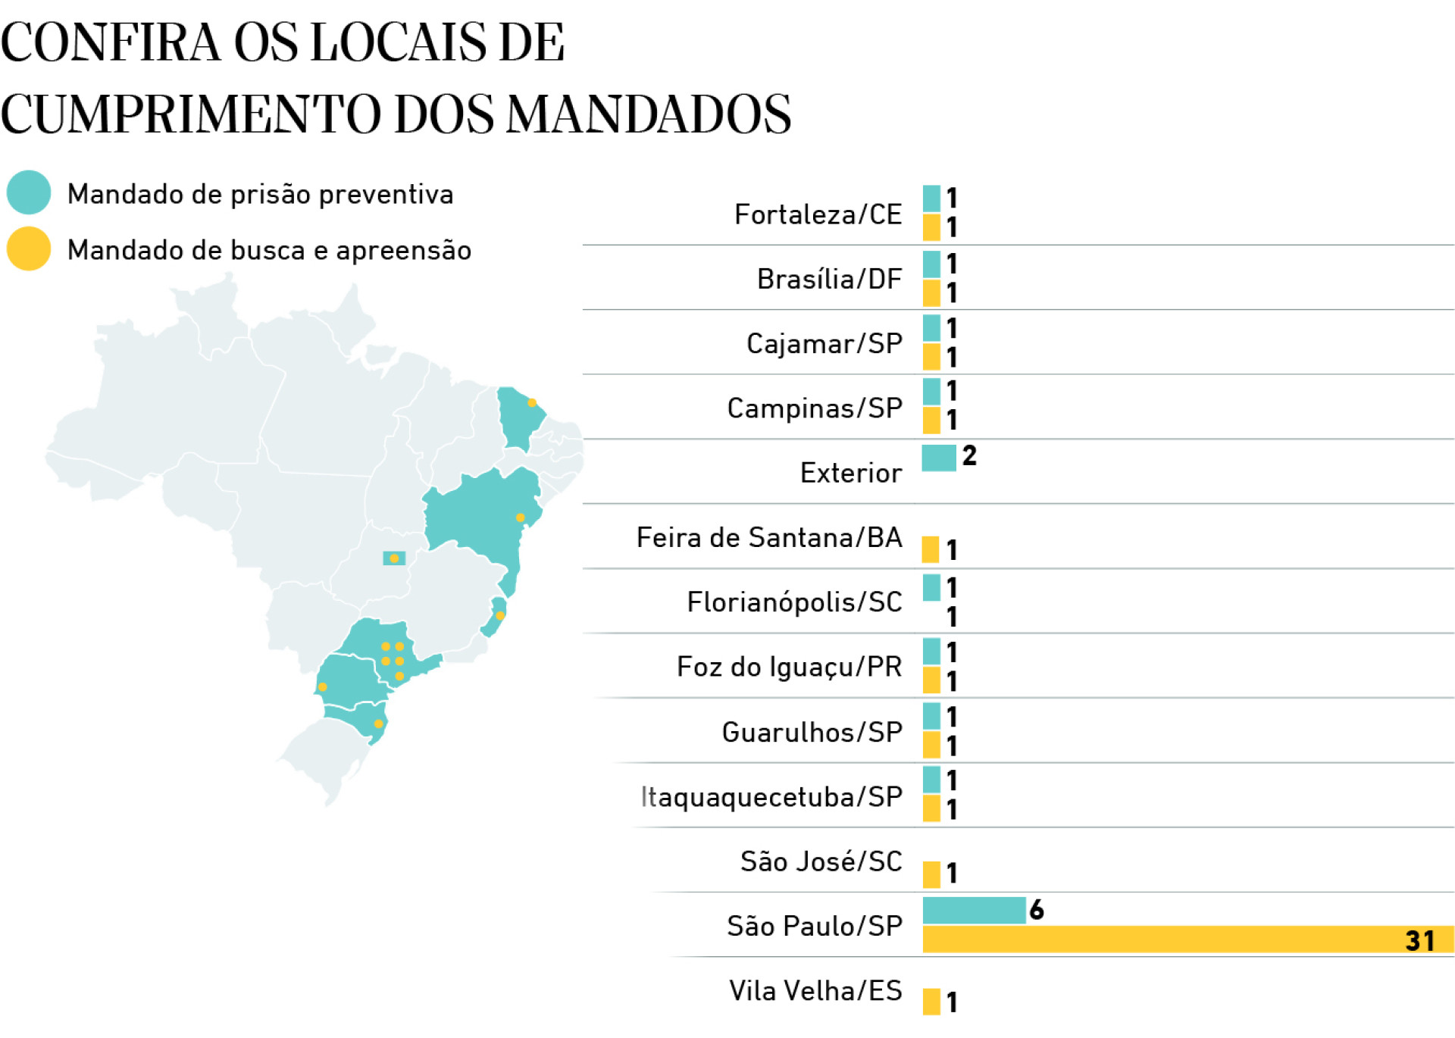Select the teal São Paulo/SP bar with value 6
pos(974,910)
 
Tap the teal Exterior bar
pos(938,458)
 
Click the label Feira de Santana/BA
pos(769,537)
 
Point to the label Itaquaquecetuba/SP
pos(771,797)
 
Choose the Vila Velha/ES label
pos(815,990)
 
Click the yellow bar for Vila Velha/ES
pos(931,1001)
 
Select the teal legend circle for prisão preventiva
pos(29,192)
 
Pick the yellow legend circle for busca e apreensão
pos(29,249)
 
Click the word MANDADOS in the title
pos(648,115)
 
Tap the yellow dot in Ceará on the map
pos(532,403)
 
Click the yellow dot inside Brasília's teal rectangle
pos(394,558)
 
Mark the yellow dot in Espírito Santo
pos(500,615)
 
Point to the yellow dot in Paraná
pos(323,687)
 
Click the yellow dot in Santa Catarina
pos(378,724)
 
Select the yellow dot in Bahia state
pos(520,517)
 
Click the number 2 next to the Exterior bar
pos(969,456)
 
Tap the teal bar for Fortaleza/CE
pos(931,199)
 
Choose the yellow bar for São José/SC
pos(931,874)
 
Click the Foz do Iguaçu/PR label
pos(789,667)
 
